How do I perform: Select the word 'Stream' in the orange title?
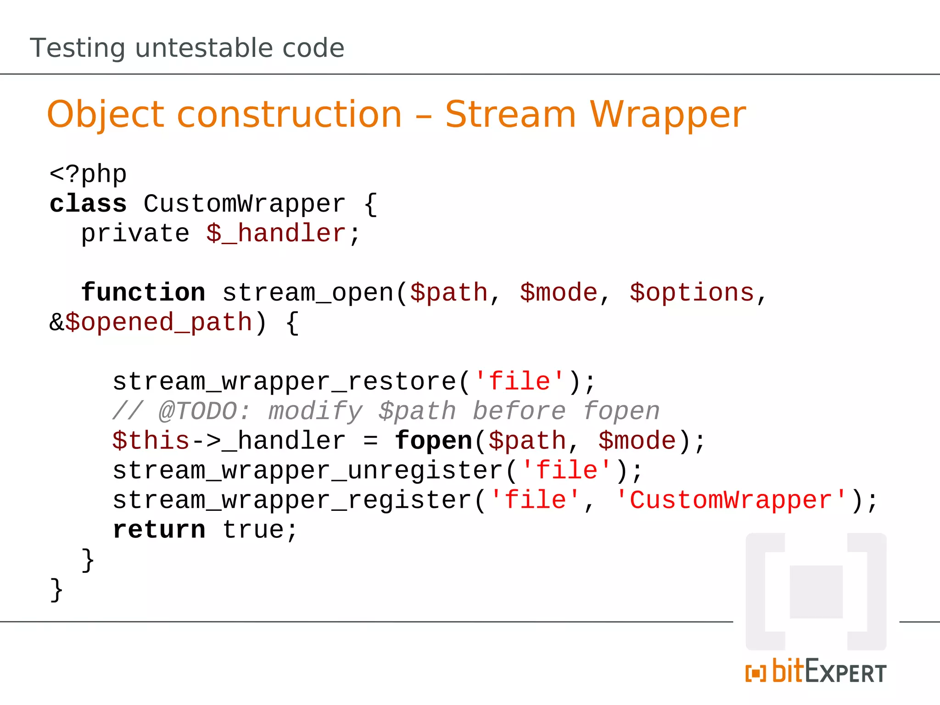510,114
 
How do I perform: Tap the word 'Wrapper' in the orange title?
668,114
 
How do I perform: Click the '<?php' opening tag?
88,174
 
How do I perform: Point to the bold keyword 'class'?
88,204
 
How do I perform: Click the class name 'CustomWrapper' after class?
244,204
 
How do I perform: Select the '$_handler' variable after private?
275,233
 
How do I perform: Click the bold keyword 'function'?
143,292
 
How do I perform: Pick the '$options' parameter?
692,292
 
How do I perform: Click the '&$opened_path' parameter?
151,322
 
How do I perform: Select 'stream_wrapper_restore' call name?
285,381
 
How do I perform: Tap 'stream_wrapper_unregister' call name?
308,470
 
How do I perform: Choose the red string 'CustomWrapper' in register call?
731,500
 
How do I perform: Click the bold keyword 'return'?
159,530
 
